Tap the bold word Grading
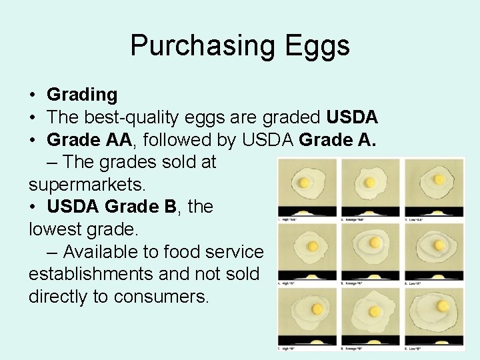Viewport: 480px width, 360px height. [x=82, y=95]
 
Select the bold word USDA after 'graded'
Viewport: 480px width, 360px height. [x=352, y=117]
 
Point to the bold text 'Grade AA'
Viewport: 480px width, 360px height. [x=91, y=140]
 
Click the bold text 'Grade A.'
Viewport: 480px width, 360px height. [x=338, y=140]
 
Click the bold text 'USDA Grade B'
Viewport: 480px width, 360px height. [x=111, y=207]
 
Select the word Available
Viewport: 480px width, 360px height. [x=106, y=252]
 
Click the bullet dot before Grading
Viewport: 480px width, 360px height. [x=33, y=96]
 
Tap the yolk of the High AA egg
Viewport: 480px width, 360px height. [x=304, y=182]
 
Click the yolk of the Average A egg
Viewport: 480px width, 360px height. [x=375, y=242]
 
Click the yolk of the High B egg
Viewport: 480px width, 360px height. [x=317, y=309]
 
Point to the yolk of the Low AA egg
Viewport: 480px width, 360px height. [x=439, y=179]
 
